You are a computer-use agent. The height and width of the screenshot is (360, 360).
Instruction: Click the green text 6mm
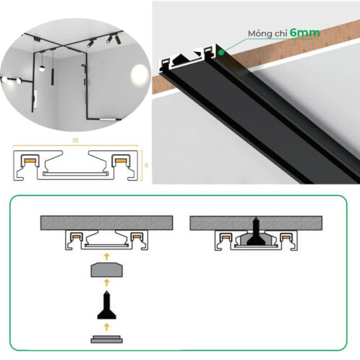(x=305, y=33)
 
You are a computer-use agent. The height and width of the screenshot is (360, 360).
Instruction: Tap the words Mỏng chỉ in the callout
(x=267, y=33)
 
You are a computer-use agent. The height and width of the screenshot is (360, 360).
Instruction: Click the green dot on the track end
(x=221, y=52)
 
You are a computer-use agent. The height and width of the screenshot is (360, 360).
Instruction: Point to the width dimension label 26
(x=75, y=140)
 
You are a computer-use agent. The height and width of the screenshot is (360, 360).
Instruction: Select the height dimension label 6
(x=146, y=166)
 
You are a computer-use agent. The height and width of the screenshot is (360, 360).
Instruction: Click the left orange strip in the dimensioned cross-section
(x=29, y=160)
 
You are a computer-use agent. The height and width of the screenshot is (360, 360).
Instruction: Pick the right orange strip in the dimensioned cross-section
(x=120, y=160)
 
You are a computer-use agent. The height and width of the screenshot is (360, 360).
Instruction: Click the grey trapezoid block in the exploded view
(x=106, y=270)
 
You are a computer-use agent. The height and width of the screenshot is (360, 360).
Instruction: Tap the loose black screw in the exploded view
(x=106, y=305)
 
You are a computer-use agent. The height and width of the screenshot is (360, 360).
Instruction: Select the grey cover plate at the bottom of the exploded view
(x=106, y=339)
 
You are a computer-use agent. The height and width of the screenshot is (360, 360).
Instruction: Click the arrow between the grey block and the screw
(x=106, y=283)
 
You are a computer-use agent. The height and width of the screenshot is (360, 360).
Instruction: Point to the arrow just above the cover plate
(x=106, y=327)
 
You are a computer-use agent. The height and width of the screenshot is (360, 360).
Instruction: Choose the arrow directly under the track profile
(x=106, y=257)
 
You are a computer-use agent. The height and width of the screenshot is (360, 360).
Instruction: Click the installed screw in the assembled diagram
(x=256, y=232)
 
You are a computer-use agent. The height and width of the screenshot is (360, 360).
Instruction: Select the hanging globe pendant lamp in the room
(x=42, y=68)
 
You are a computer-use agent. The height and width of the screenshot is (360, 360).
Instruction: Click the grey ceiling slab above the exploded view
(x=106, y=223)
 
